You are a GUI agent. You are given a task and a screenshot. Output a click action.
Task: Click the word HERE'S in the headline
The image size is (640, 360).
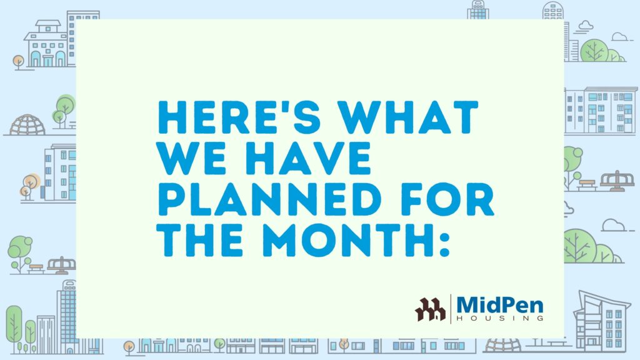[x=239, y=117]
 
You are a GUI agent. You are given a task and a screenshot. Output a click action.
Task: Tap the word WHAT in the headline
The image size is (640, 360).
[x=409, y=117]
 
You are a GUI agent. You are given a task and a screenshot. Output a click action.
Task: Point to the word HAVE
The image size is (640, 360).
[x=307, y=157]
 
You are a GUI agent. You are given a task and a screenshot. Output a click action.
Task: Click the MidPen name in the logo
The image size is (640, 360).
[x=500, y=305]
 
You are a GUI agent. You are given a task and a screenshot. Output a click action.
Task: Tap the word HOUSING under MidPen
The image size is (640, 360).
[x=500, y=318]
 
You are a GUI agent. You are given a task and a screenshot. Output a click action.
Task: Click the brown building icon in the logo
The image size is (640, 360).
[x=430, y=309]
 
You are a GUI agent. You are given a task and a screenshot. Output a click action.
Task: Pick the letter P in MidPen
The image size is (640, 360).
[x=504, y=305]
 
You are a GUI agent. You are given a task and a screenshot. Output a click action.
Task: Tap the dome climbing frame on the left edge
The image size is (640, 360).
[x=27, y=125]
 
